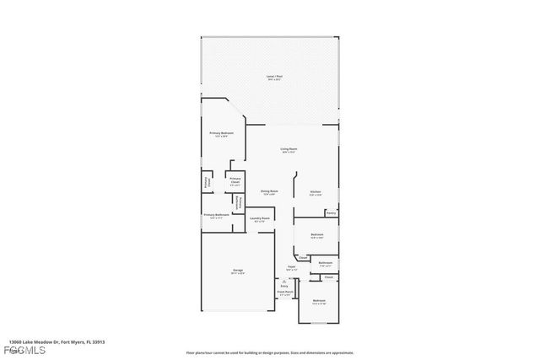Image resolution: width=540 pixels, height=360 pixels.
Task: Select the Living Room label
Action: [x=289, y=151]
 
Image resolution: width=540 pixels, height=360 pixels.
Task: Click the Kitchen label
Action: [x=314, y=192]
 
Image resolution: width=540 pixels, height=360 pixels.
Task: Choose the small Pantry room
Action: [x=332, y=213]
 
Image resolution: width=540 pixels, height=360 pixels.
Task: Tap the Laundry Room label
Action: [x=260, y=220]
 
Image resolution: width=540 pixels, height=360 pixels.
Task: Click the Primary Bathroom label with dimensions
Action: [x=215, y=216]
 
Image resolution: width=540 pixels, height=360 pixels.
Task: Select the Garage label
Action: [x=239, y=272]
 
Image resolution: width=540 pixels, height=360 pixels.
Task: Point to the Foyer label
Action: [x=291, y=267]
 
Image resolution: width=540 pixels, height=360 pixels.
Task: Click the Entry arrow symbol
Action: [x=283, y=279]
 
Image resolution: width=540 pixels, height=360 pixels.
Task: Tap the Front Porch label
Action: [x=284, y=293]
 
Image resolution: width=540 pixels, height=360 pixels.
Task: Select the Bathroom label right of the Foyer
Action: [x=325, y=264]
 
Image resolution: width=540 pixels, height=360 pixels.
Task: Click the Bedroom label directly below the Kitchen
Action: [x=317, y=235]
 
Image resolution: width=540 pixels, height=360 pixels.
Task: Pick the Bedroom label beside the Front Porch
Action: [x=319, y=302]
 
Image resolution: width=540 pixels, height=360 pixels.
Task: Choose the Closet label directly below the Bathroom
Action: [x=329, y=277]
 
